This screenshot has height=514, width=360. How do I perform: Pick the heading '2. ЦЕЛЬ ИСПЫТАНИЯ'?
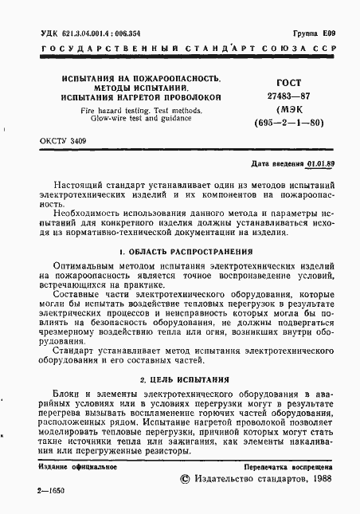click(179, 380)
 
